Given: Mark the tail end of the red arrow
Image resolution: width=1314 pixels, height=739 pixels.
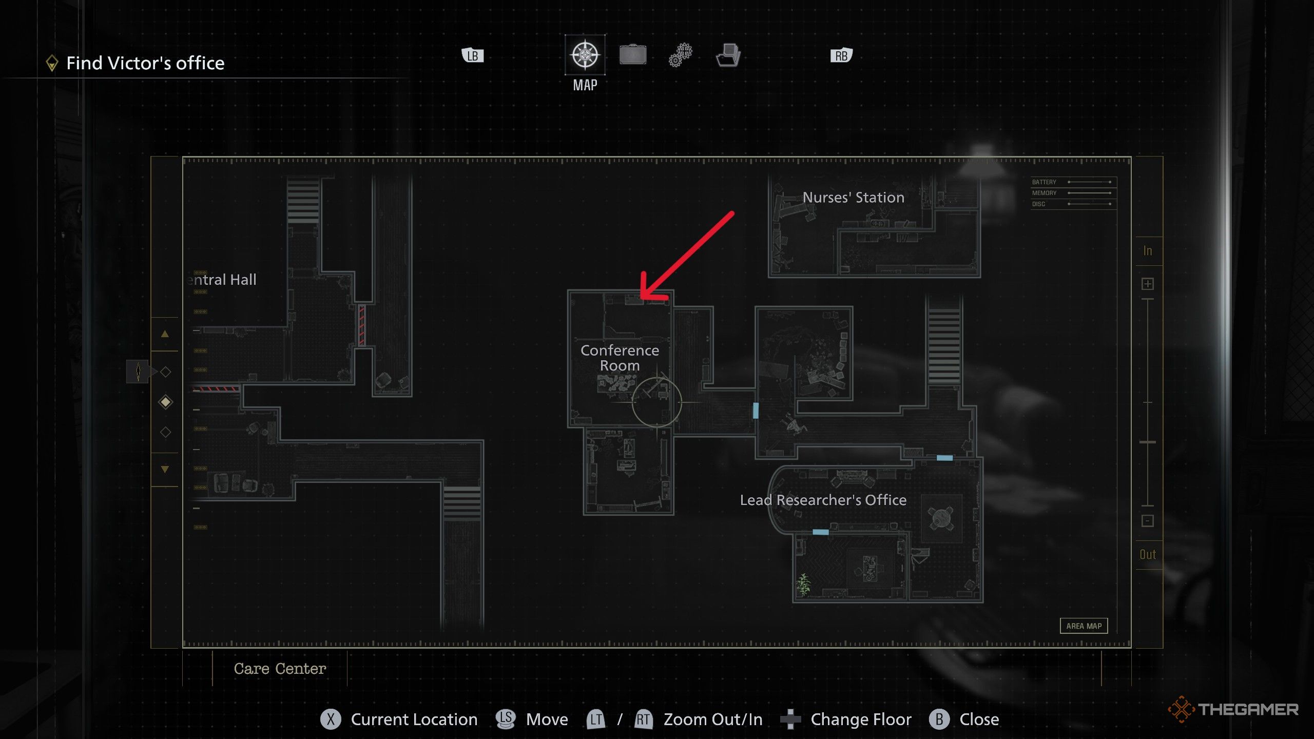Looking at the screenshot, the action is click(732, 213).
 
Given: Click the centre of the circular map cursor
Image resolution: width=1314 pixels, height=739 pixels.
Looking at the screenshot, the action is click(656, 402).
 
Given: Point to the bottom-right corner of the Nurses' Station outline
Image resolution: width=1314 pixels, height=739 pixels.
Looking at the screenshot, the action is click(980, 277).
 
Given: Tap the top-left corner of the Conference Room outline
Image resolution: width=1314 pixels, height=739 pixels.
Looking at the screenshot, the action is click(568, 290).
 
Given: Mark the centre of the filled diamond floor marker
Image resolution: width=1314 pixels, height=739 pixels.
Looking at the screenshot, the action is click(165, 402).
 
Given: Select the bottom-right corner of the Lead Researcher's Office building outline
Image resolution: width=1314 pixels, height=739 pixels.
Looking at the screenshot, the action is click(982, 601).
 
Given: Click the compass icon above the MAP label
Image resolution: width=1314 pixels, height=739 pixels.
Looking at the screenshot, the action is click(585, 54).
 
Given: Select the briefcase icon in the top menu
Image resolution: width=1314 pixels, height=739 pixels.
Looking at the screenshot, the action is click(632, 54).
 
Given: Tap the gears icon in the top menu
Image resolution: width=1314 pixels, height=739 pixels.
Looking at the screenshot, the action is click(681, 55).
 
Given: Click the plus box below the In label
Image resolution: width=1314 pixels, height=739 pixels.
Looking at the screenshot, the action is click(1148, 284).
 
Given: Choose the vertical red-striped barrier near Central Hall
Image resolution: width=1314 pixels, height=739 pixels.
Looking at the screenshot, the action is click(361, 325).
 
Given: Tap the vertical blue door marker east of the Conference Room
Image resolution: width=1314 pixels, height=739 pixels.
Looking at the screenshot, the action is click(756, 411).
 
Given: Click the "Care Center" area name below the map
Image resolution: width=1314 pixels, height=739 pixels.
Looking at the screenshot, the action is click(280, 668).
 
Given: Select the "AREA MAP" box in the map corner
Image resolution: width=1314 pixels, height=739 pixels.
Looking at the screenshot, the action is click(1084, 626).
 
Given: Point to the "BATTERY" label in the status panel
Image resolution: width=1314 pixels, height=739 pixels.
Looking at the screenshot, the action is click(1044, 182).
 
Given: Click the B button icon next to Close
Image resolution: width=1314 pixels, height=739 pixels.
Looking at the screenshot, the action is click(939, 719).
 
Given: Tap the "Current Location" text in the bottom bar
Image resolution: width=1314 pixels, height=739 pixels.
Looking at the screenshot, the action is click(414, 719).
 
